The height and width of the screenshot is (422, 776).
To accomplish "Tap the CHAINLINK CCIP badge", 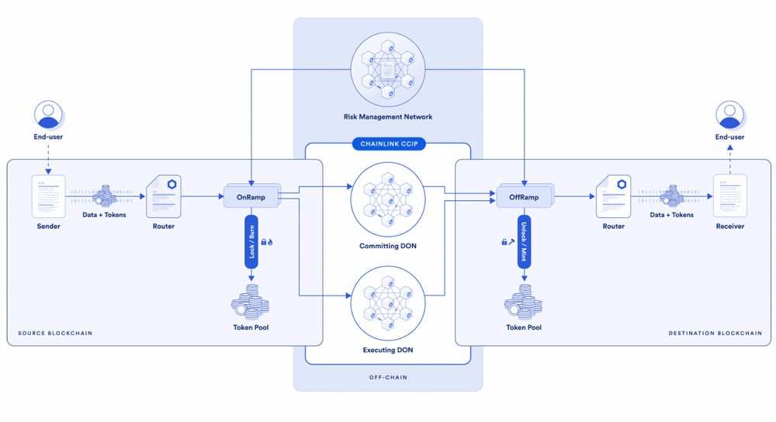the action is [x=389, y=144].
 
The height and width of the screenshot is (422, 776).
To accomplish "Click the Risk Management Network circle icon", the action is [x=388, y=70].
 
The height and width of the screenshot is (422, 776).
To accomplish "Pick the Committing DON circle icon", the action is [x=388, y=199].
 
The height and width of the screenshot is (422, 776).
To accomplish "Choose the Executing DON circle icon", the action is [x=388, y=303].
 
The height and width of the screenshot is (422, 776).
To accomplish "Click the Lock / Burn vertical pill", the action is [x=251, y=241].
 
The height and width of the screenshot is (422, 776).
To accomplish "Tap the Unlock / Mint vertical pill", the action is [x=524, y=241].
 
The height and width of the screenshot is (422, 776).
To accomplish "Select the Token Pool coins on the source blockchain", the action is [x=251, y=302].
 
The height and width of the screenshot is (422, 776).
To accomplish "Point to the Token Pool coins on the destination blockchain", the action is [x=523, y=302].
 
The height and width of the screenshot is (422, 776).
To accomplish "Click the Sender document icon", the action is [x=48, y=196].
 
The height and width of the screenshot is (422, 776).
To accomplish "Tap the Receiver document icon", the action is [x=730, y=196].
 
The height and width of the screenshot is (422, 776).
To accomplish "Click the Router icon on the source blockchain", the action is [x=164, y=196].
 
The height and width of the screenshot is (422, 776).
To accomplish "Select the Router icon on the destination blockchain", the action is [x=614, y=196].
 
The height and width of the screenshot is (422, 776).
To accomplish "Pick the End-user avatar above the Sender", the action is [x=48, y=115].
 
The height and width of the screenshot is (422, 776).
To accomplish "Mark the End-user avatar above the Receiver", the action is [x=730, y=115].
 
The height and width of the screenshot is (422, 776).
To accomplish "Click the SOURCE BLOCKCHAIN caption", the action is [x=55, y=333].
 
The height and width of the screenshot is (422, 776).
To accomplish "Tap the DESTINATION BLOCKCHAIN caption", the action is [x=715, y=333].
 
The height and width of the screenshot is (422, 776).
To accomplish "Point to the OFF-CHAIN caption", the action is [x=388, y=377].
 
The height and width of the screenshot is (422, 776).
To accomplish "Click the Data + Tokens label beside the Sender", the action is [x=105, y=215].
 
